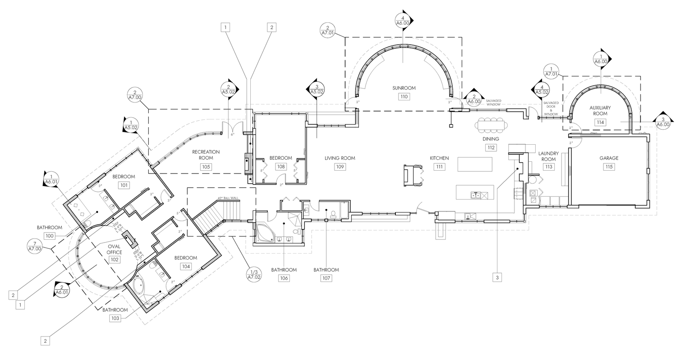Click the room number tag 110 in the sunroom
404,97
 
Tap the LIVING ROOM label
340,158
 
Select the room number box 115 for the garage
608,167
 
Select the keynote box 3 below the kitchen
497,278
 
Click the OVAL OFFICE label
115,249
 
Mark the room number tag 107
326,278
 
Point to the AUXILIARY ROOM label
600,110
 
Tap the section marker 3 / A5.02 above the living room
317,89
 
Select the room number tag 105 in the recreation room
206,167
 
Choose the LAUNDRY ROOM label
549,156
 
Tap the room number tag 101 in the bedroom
124,185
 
